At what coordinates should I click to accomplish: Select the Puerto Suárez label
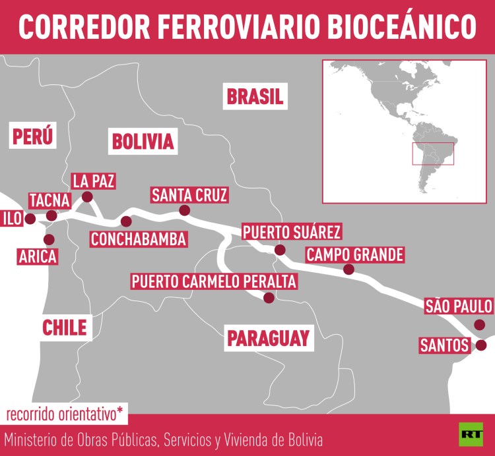[291, 232]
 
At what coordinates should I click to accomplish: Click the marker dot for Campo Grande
[348, 270]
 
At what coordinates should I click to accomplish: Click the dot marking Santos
[481, 345]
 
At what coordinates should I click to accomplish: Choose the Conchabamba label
[139, 239]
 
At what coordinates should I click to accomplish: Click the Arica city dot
[48, 240]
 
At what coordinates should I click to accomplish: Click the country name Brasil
[255, 97]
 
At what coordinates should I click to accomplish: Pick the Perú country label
[32, 136]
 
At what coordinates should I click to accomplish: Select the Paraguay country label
[268, 338]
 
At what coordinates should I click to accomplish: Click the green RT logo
[471, 434]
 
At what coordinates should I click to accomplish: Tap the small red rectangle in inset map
[433, 154]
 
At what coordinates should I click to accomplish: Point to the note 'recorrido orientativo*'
[65, 414]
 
